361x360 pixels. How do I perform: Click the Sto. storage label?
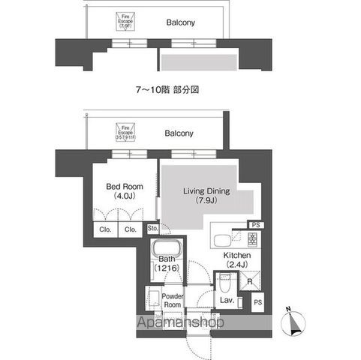point(152,229)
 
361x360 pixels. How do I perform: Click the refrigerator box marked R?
point(250,281)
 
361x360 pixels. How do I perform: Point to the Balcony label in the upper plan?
point(180,23)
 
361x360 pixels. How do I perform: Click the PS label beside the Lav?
point(257,302)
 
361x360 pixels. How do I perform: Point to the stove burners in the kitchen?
point(253,240)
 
